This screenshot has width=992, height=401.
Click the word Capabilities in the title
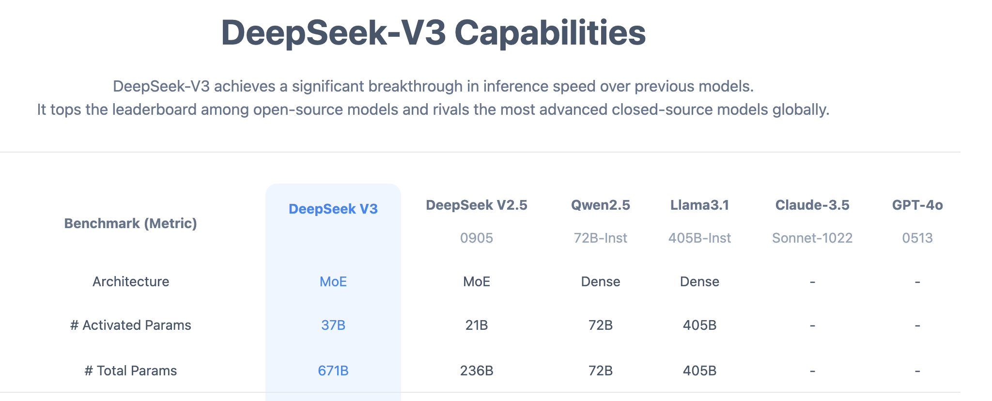click(x=550, y=33)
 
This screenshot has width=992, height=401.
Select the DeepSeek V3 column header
click(x=333, y=209)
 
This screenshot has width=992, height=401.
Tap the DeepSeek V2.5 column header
click(x=477, y=205)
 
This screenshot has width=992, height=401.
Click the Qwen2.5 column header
click(x=601, y=205)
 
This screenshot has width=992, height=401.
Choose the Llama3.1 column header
click(x=700, y=205)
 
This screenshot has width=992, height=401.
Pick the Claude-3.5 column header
click(x=812, y=205)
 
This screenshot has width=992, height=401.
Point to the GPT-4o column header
click(x=917, y=205)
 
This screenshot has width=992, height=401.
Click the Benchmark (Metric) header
click(x=131, y=223)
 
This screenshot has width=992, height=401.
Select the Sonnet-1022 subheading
click(x=812, y=238)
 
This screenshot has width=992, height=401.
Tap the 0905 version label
click(x=477, y=238)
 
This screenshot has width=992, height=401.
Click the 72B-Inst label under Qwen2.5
click(x=601, y=238)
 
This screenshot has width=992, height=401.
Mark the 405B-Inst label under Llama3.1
click(x=700, y=238)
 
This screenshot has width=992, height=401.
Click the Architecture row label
click(x=131, y=281)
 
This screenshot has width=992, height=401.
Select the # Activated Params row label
click(x=131, y=325)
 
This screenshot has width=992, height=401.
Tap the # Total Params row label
click(x=131, y=370)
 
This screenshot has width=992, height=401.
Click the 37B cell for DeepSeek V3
click(x=333, y=325)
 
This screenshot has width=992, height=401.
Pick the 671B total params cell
click(x=333, y=370)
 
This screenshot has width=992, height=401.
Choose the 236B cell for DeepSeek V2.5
click(x=477, y=370)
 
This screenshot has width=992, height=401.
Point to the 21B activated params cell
click(x=477, y=325)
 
